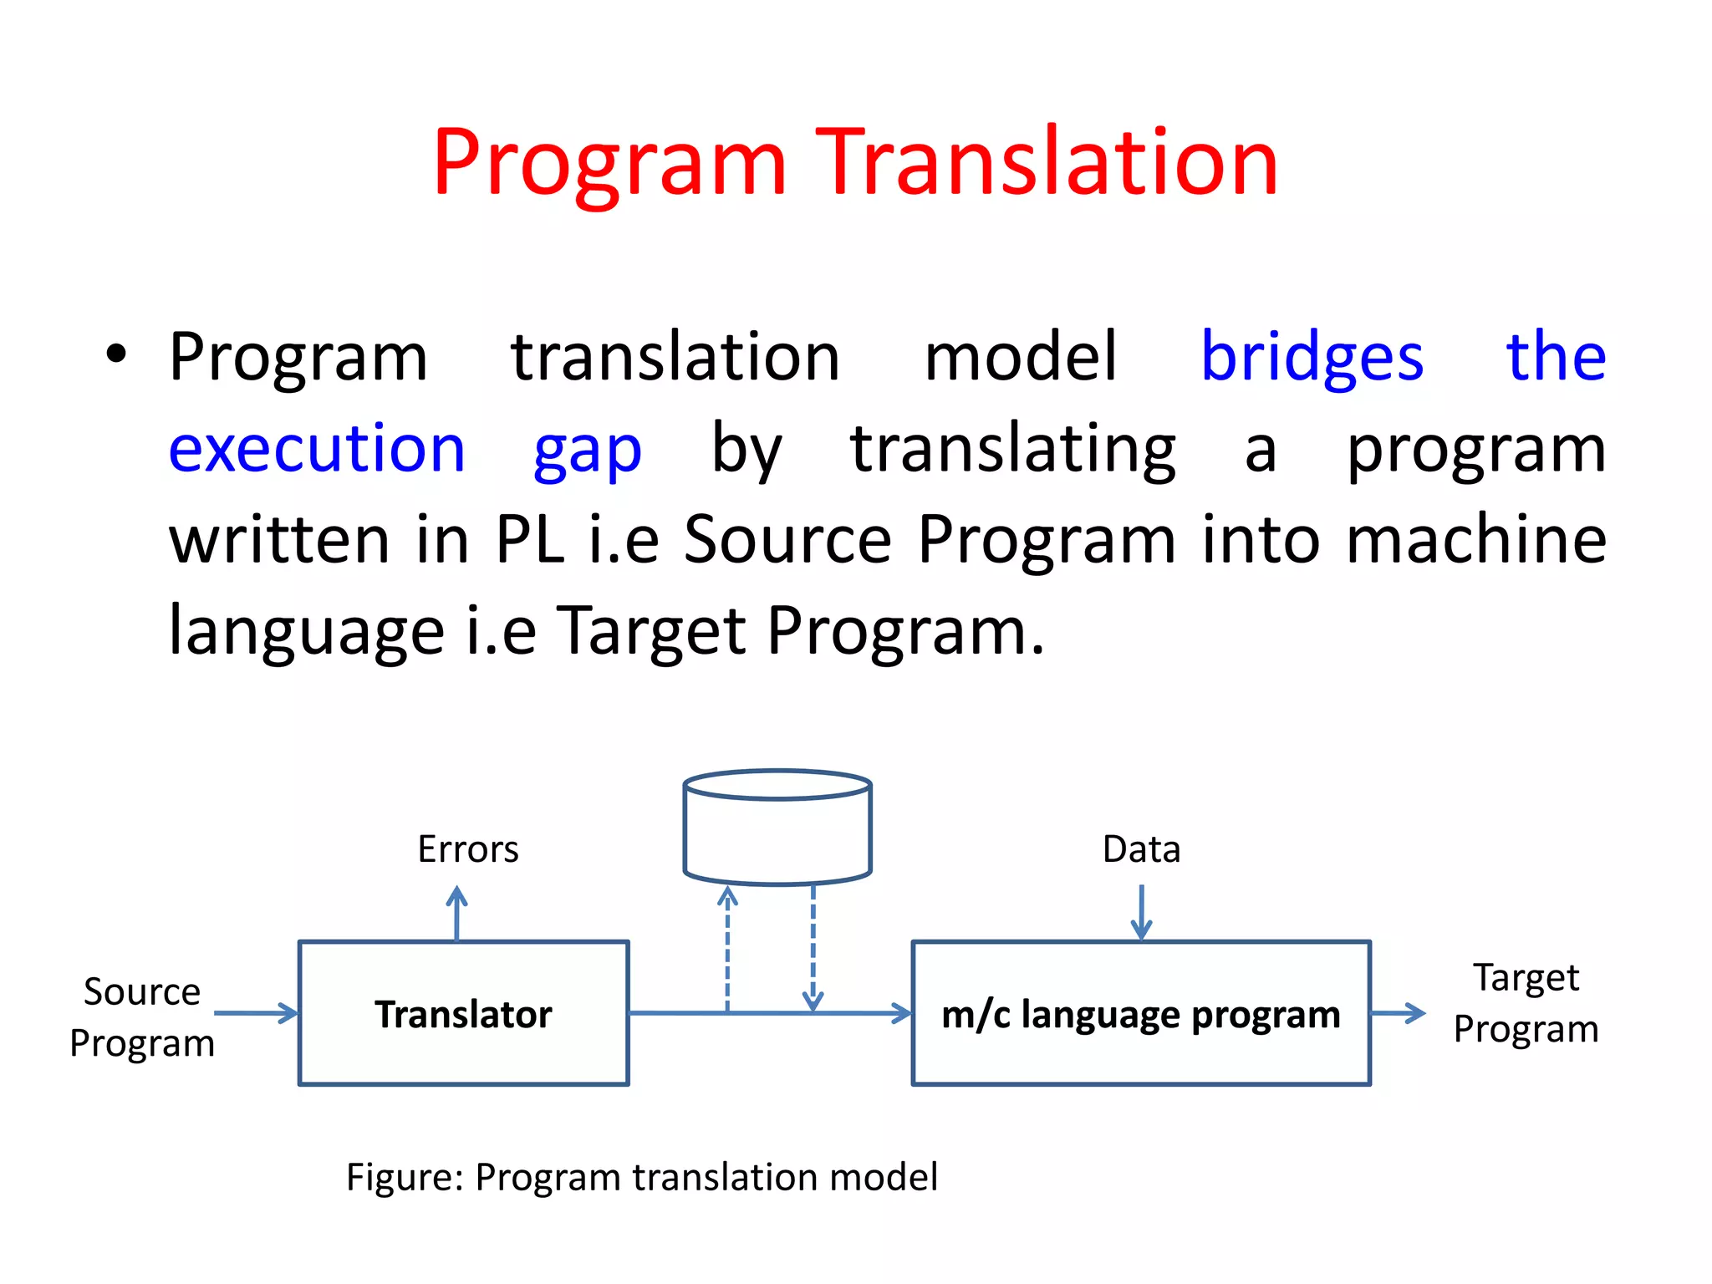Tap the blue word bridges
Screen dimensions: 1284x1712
click(x=1311, y=358)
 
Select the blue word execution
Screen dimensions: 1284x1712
click(x=317, y=449)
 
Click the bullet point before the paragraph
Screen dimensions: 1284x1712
click(x=116, y=354)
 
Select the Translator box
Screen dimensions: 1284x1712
click(x=463, y=1013)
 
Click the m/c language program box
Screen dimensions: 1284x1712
click(x=1140, y=1013)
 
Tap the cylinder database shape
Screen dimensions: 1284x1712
click(x=777, y=828)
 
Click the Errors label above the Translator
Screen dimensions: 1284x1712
click(x=468, y=849)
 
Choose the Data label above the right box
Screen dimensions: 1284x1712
click(x=1141, y=849)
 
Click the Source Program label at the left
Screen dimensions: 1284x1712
click(x=142, y=1016)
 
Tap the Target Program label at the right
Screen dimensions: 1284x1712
click(x=1526, y=1002)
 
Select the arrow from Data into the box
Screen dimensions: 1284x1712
click(x=1141, y=912)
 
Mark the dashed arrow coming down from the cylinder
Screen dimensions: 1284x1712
click(x=813, y=949)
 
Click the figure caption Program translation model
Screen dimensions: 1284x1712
click(x=642, y=1177)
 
